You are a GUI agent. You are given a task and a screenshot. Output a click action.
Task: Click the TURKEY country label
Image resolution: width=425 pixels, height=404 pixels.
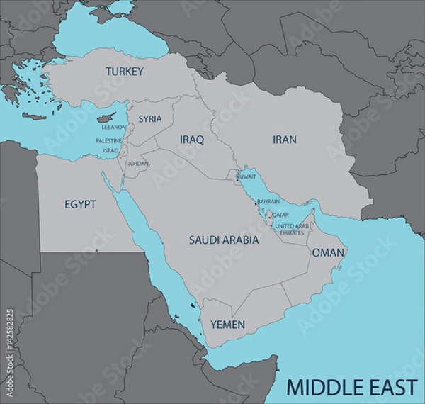125,72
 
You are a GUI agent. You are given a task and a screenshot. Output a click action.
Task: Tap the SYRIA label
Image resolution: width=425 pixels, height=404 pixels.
149,119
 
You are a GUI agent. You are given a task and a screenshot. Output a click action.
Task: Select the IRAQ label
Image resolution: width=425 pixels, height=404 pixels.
192,140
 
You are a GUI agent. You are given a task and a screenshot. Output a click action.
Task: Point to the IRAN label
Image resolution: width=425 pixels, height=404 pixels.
285,140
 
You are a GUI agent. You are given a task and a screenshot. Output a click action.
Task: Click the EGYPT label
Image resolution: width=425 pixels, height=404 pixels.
80,204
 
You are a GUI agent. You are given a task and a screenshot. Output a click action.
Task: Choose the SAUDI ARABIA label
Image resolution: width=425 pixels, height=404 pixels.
224,240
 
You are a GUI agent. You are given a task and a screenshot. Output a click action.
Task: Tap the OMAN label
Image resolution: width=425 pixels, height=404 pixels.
328,252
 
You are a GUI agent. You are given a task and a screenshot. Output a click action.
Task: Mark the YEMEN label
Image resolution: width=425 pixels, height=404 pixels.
228,325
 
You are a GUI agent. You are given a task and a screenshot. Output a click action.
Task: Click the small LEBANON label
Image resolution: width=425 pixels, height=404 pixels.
114,128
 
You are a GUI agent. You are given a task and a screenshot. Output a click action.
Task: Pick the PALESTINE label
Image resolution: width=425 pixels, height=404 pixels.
109,141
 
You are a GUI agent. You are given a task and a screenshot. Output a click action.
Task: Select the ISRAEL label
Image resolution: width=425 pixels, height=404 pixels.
111,151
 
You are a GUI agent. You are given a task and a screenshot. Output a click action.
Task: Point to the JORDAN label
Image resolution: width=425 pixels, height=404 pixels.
138,164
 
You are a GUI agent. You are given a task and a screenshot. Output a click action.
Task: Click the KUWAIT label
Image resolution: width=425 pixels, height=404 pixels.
246,175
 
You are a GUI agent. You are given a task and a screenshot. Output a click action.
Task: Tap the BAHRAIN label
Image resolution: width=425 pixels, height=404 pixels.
268,201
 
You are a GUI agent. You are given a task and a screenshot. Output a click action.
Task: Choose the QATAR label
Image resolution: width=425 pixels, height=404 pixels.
280,215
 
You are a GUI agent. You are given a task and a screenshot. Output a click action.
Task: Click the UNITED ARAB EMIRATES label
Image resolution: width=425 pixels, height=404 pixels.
292,229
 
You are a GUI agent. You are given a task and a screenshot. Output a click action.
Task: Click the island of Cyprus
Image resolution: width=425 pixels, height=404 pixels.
106,116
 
